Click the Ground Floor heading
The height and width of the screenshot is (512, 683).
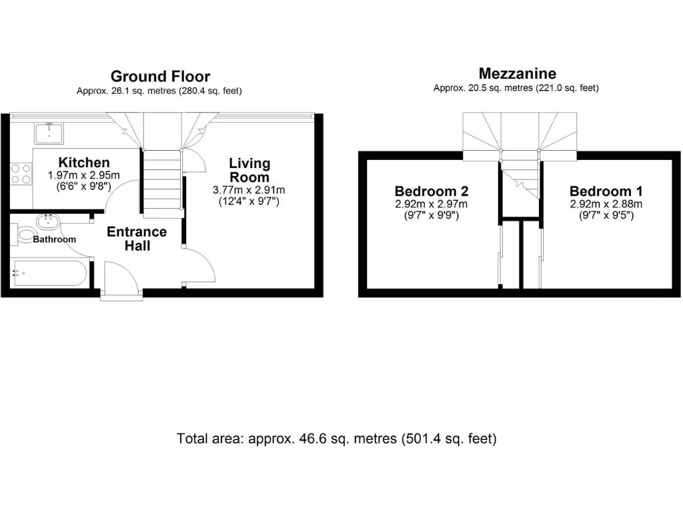[160, 76]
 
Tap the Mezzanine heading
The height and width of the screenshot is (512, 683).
[517, 73]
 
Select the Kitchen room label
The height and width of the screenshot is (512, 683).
[84, 163]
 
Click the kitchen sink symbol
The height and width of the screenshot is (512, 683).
[49, 133]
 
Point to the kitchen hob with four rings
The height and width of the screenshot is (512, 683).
[21, 175]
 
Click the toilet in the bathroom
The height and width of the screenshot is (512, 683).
[25, 234]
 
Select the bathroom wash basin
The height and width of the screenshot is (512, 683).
[48, 220]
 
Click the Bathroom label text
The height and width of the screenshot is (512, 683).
[55, 239]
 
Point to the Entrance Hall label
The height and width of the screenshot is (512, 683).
[137, 239]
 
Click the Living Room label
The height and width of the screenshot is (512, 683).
[249, 170]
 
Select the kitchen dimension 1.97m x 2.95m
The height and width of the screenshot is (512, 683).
[83, 175]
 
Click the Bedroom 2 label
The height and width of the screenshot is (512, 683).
[431, 191]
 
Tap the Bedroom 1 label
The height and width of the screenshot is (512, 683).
[606, 191]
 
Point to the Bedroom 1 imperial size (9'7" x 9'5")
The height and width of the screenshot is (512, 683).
[606, 215]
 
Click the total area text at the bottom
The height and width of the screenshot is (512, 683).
[337, 439]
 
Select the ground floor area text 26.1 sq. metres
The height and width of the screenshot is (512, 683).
[159, 91]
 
